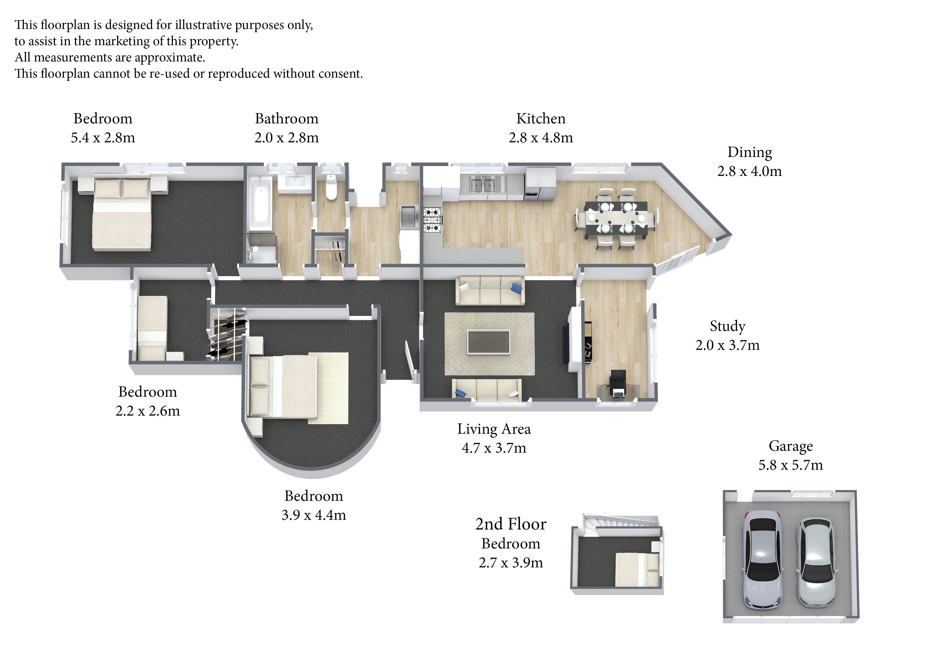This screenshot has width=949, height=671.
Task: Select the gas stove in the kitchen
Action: pos(433,219)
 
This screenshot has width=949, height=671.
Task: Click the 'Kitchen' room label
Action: pos(541,119)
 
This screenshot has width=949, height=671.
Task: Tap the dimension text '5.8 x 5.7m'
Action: pos(790,465)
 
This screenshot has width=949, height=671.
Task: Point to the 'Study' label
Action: pos(727,326)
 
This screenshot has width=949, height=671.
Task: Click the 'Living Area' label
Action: pos(494,429)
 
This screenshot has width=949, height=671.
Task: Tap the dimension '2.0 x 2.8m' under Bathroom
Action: pos(286,138)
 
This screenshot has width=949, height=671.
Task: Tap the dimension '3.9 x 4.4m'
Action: pos(314,515)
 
